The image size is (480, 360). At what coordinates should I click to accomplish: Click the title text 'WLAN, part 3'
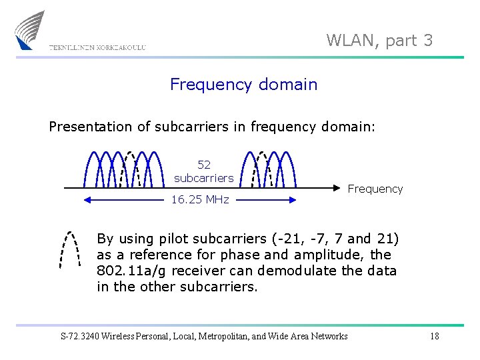(379, 41)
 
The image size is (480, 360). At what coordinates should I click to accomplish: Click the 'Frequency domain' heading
(243, 85)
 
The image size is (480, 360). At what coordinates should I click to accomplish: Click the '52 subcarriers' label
(203, 171)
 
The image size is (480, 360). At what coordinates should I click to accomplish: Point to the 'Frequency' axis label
(375, 189)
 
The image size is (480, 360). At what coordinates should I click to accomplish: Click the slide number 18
(434, 336)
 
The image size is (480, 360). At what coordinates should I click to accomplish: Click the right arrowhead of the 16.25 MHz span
(295, 199)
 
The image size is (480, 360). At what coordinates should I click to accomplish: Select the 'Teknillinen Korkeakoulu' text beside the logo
(97, 47)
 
